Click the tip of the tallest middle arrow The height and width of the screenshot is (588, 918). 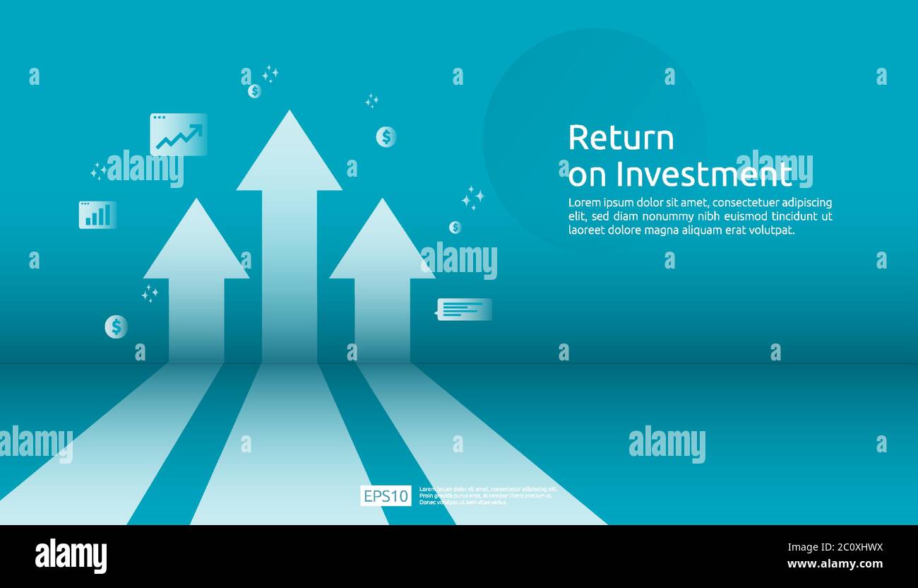tap(289, 114)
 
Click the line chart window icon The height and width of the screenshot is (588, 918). tap(179, 134)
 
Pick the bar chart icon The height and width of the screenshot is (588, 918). tap(97, 215)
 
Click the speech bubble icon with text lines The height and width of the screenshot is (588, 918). tap(464, 309)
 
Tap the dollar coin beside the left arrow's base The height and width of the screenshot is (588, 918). tap(117, 327)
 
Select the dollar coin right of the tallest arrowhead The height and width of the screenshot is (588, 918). tap(386, 137)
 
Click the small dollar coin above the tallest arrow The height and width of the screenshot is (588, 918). tap(254, 91)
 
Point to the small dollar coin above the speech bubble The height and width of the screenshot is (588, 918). tap(455, 227)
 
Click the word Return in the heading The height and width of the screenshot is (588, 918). tap(621, 138)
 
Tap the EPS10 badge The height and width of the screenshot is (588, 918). tap(386, 496)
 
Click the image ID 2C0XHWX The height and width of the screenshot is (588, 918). tap(853, 547)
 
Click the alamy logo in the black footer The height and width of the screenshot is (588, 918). tap(71, 556)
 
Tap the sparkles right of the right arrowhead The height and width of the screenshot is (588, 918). tap(472, 198)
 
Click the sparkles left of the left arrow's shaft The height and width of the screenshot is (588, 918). tap(150, 293)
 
